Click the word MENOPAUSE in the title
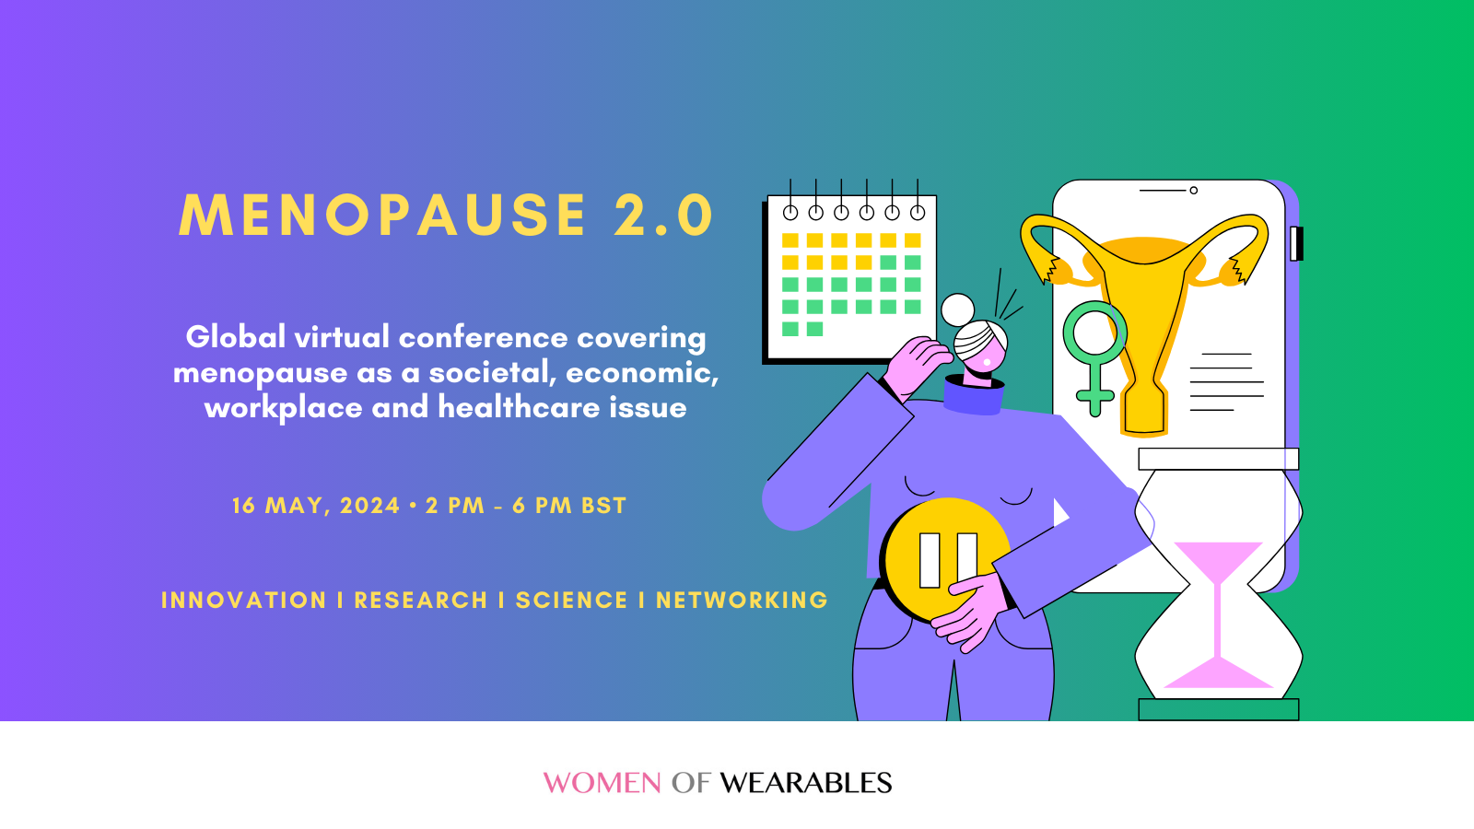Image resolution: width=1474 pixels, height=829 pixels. pos(382,216)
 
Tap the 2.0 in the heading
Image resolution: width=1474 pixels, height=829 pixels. pos(664,216)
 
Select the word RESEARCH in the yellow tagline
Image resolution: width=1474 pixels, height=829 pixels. pos(421,601)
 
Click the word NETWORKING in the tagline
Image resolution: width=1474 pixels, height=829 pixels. pos(742,601)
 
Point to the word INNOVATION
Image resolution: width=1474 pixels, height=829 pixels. pos(244,601)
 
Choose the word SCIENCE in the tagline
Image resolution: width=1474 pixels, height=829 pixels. pos(571,601)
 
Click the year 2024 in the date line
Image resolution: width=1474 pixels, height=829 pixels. pos(369,506)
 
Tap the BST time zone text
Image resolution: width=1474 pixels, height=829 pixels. pos(604,506)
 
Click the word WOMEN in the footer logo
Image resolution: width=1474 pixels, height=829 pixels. pos(602,783)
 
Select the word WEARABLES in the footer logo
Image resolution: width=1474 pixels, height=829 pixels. pos(806,783)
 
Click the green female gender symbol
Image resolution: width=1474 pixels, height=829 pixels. pos(1094,355)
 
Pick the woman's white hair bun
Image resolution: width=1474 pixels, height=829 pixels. pos(958,309)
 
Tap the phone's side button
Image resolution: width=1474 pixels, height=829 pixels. pos(1296,243)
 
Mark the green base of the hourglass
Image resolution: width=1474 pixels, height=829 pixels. pos(1218,709)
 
